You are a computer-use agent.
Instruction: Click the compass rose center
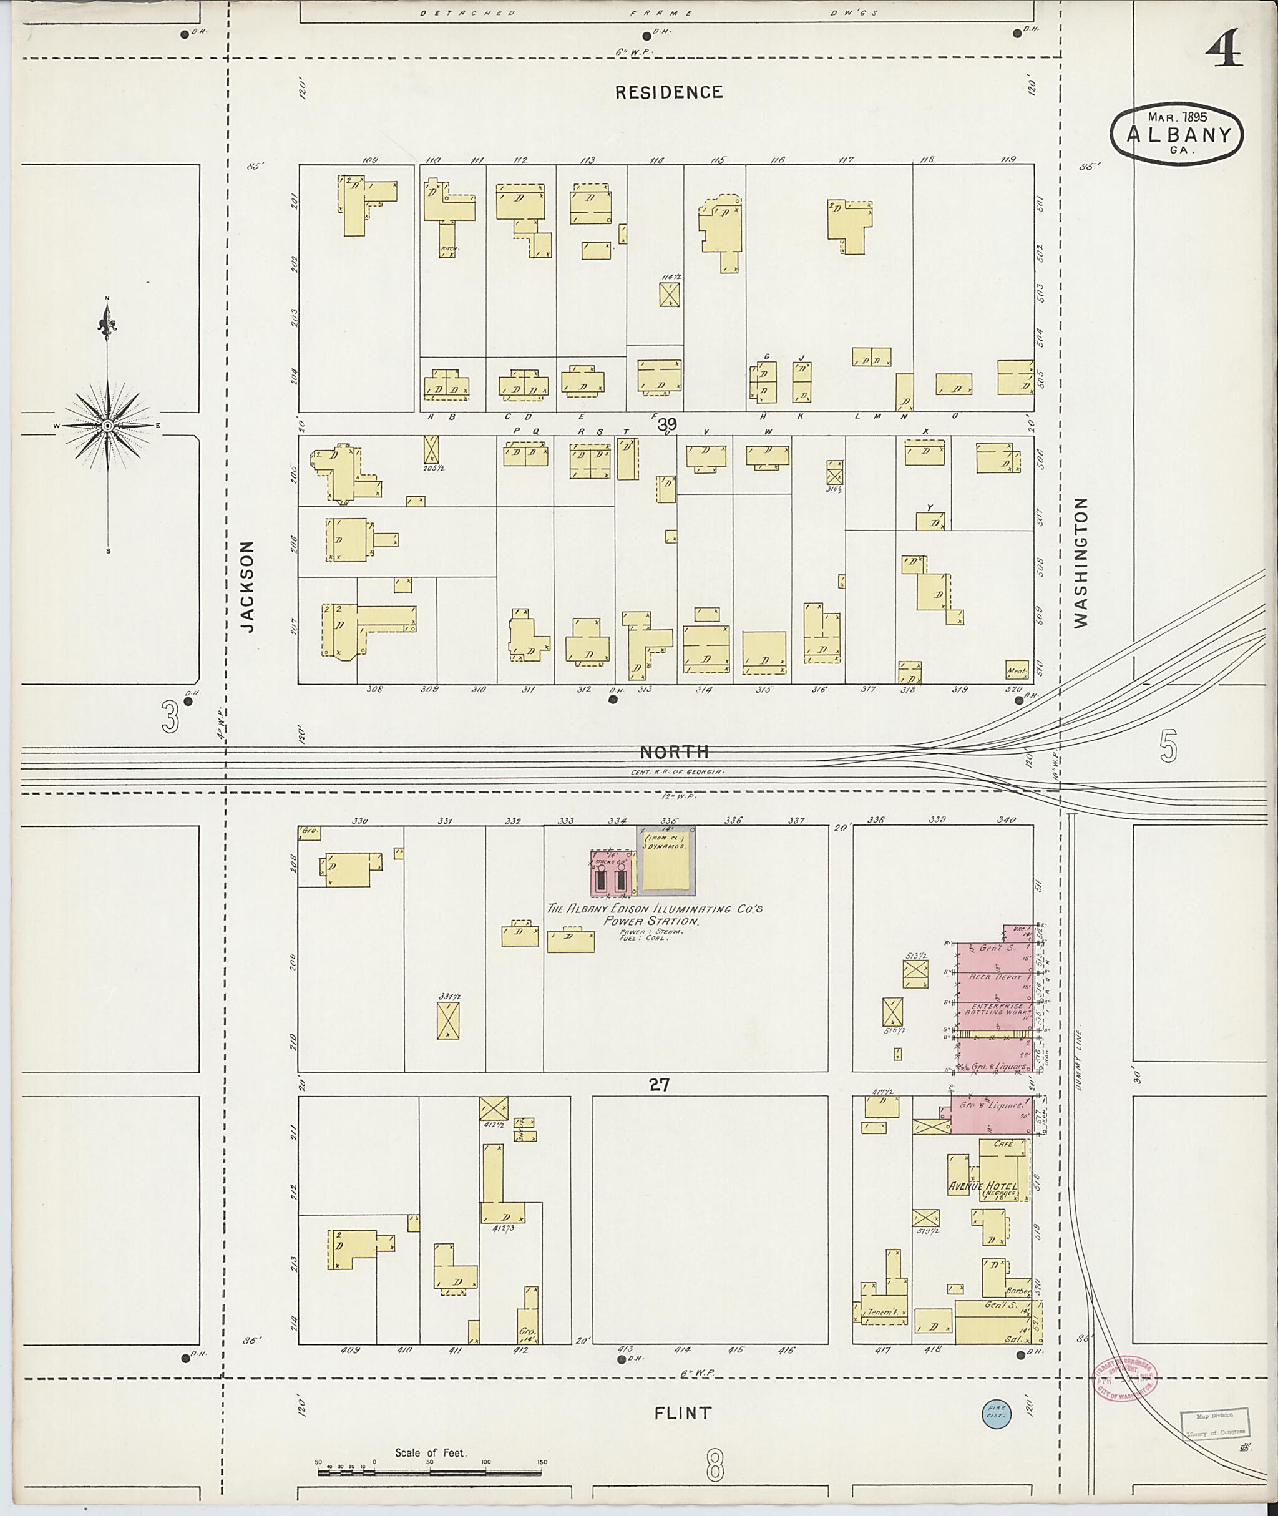[x=107, y=426]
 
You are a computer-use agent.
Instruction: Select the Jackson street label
[x=248, y=586]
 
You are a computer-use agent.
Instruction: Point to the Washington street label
[x=1081, y=562]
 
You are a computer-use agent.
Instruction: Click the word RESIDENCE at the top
[x=669, y=92]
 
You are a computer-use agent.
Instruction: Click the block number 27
[x=660, y=1085]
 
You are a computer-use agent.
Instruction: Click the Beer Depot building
[x=995, y=977]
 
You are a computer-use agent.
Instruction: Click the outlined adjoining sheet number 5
[x=1168, y=747]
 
